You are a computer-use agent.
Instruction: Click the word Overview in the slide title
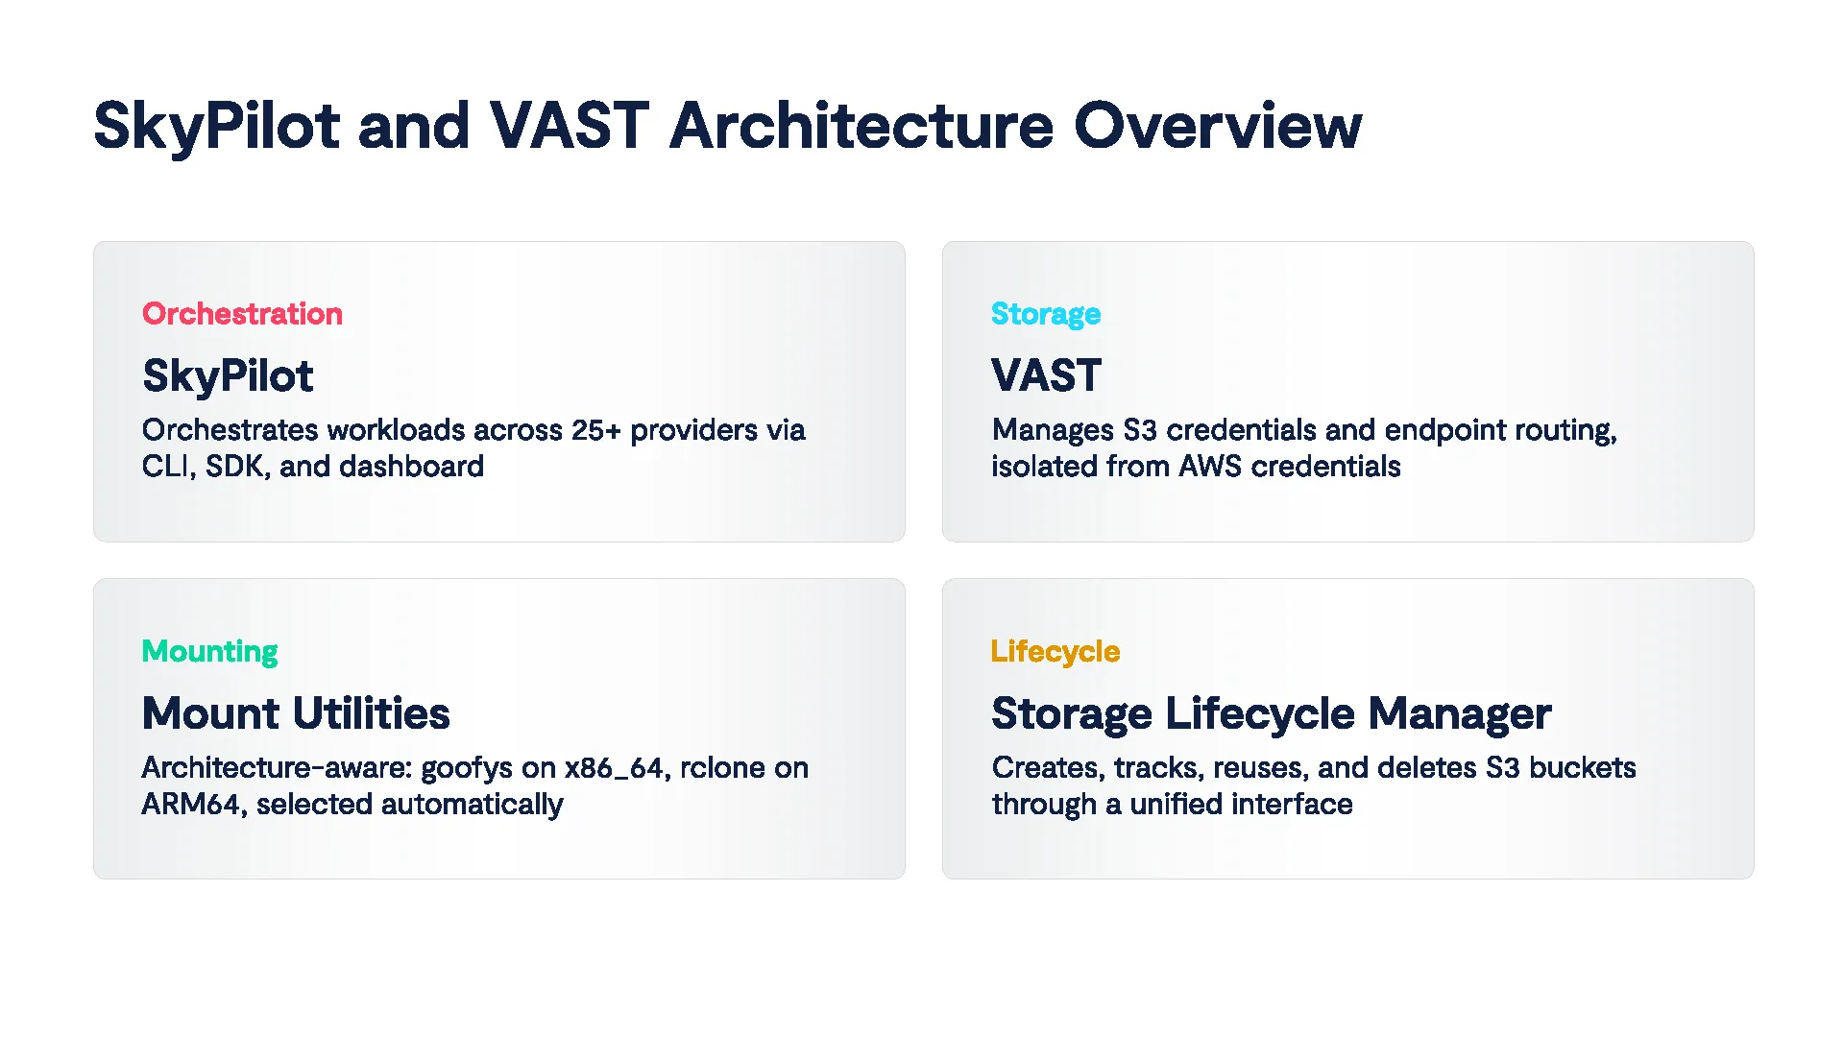click(x=1217, y=126)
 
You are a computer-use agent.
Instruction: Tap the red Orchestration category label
click(x=242, y=314)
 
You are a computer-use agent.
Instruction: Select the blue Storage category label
click(x=1045, y=314)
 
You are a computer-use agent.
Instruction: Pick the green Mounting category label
click(x=209, y=651)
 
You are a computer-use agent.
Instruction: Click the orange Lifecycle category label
click(x=1055, y=651)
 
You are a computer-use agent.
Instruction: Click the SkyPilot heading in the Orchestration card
click(x=228, y=375)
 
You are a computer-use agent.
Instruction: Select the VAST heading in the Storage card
click(x=1046, y=375)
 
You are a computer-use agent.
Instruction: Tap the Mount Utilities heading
click(x=296, y=713)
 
